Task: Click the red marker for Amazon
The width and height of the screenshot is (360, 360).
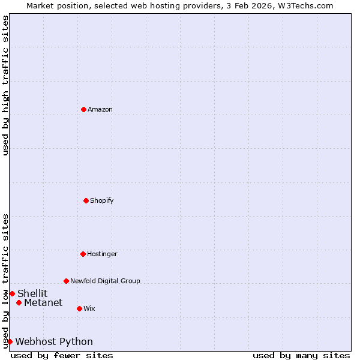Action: coord(83,109)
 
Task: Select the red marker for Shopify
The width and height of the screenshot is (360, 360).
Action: coord(86,200)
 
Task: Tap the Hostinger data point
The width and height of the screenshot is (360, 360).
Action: coord(83,254)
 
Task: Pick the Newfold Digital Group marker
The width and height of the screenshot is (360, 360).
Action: coord(66,281)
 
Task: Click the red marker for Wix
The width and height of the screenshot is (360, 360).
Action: coord(79,308)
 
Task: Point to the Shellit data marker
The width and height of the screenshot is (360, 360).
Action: coord(12,293)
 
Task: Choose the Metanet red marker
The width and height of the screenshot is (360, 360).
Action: coord(19,302)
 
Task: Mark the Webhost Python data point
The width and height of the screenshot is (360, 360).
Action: coord(10,341)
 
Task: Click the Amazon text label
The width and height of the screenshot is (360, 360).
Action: coord(100,109)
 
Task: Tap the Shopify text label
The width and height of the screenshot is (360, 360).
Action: coord(102,200)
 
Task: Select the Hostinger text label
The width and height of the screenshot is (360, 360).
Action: coord(103,254)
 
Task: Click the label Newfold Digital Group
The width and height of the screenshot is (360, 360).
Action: coord(105,281)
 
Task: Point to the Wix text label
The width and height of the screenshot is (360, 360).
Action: coord(89,308)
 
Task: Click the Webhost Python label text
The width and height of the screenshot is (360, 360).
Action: coord(54,341)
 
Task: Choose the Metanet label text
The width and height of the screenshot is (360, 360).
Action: coord(43,302)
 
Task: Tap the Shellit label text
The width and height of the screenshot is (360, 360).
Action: coord(32,293)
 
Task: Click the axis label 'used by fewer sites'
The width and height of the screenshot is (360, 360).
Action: coord(62,355)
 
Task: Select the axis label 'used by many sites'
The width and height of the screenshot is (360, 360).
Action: coord(301,355)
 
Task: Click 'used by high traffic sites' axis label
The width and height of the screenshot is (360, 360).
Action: coord(5,85)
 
